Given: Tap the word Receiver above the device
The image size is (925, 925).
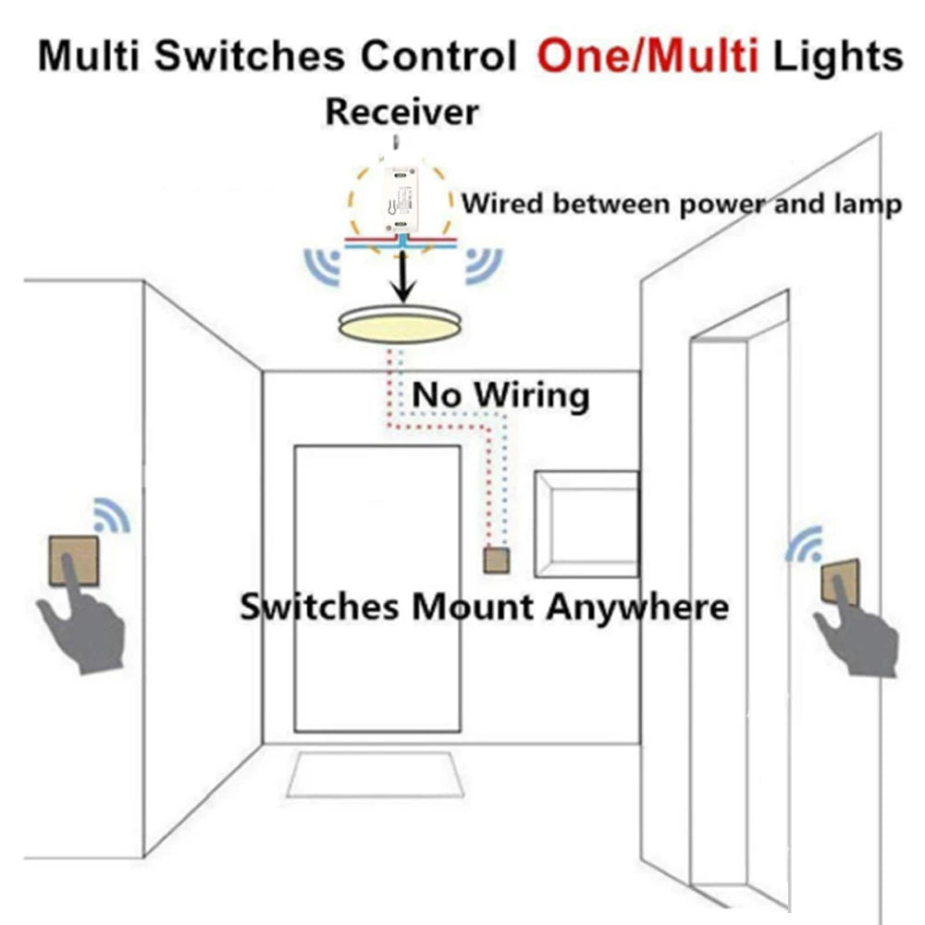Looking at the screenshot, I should tap(402, 112).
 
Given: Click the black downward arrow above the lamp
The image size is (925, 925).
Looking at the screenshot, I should tap(401, 276).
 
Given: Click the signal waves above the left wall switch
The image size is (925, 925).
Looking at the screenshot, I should tap(112, 514).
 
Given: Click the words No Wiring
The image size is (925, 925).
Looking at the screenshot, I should tap(500, 395).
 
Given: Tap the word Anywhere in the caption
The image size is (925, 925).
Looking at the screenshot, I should tap(636, 608).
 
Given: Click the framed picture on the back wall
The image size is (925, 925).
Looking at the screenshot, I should tap(586, 524).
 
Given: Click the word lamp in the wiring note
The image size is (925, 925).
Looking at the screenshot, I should tap(873, 204).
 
